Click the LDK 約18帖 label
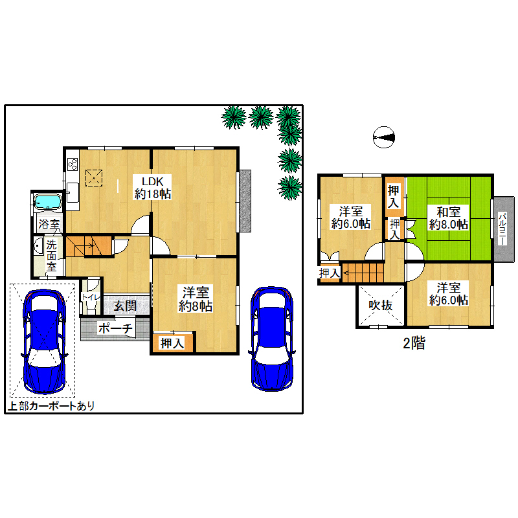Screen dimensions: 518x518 [x=152, y=187]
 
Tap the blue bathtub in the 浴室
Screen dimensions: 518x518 [x=48, y=202]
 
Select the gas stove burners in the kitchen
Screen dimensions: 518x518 [x=73, y=164]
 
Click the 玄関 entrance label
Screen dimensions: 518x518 [x=125, y=306]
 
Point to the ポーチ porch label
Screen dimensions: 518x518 [x=115, y=328]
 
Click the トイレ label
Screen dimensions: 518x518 [x=91, y=297]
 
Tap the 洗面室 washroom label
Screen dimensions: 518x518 [x=51, y=255]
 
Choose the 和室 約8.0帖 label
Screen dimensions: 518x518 [x=448, y=218]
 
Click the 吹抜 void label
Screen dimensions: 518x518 [x=381, y=305]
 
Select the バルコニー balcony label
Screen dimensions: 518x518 [x=502, y=229]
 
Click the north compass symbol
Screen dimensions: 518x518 [x=384, y=137]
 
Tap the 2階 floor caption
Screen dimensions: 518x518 [x=414, y=343]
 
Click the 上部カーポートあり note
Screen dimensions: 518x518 [x=51, y=406]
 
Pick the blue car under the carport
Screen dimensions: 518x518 [x=44, y=342]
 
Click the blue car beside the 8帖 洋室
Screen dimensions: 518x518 [x=272, y=339]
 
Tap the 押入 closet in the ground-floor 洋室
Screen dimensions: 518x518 [x=172, y=343]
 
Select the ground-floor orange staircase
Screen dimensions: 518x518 [x=89, y=246]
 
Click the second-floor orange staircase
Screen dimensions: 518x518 [x=363, y=273]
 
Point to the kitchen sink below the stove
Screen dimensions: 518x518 [x=73, y=192]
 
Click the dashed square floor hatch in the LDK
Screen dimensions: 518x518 [x=94, y=178]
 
